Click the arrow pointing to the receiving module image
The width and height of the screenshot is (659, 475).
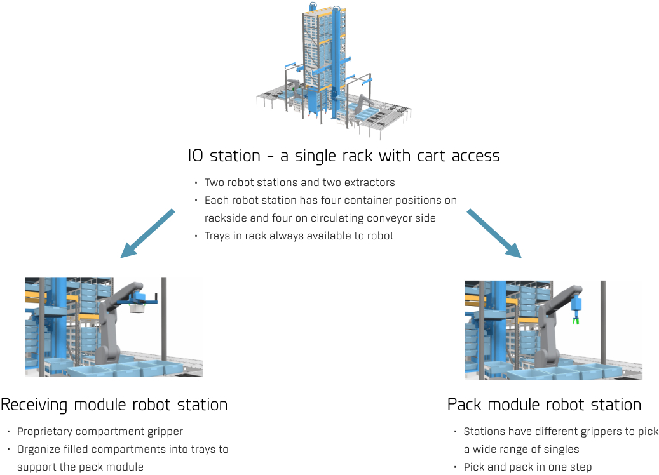click(147, 233)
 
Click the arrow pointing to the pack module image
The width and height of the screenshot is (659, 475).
click(494, 233)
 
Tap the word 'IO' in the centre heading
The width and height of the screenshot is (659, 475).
click(196, 156)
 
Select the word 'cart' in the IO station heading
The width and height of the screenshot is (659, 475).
click(431, 156)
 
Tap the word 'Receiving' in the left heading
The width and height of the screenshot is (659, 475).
click(34, 405)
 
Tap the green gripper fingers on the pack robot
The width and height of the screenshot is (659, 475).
click(575, 321)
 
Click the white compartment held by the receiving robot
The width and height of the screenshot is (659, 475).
click(137, 307)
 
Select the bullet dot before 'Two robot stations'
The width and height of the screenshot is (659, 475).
click(196, 183)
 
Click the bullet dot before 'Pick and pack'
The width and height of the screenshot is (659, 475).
click(456, 467)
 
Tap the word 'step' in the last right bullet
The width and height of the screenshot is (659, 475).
click(580, 467)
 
